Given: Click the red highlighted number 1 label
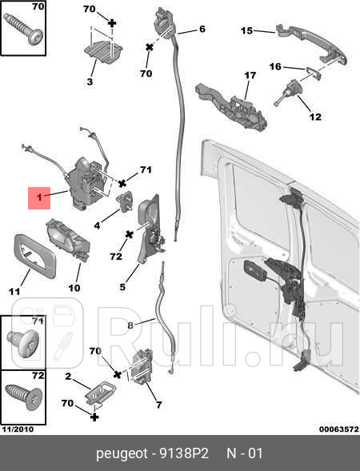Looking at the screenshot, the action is (39, 198).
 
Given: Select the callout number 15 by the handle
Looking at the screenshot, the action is (246, 30).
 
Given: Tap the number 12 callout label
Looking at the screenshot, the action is (315, 117).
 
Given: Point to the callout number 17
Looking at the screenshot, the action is (250, 75).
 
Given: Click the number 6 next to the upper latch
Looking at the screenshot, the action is (202, 29).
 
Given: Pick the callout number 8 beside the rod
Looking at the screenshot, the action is (130, 325).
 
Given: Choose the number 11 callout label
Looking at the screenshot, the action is (14, 291).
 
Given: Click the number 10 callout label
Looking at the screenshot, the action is (74, 288).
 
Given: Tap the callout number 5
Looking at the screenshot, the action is (122, 287).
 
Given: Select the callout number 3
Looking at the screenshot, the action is (90, 82).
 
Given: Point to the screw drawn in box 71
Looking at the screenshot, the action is (23, 343).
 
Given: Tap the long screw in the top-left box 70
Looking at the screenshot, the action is (24, 29).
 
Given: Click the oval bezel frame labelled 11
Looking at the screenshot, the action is (34, 256).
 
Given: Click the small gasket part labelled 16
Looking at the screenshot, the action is (314, 74).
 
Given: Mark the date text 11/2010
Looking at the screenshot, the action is (18, 429).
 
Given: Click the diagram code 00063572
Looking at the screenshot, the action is (338, 429).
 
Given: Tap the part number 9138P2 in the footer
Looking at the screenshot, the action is (184, 453).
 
